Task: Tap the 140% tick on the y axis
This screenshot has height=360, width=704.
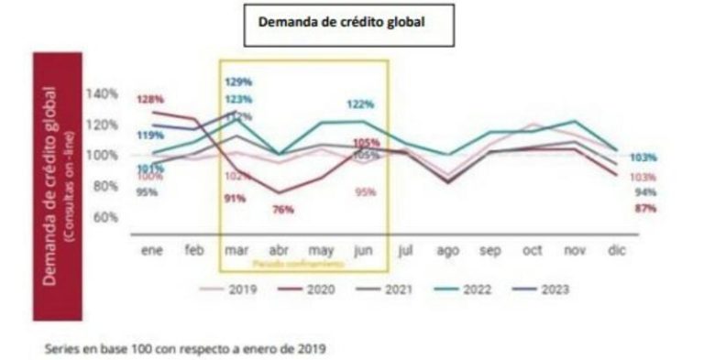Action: click(x=102, y=93)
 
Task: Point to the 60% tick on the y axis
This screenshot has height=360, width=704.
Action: click(x=104, y=217)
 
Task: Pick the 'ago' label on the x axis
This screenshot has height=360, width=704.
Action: click(x=447, y=249)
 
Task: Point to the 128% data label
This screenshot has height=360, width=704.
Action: click(x=149, y=99)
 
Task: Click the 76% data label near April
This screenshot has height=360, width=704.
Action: click(x=283, y=209)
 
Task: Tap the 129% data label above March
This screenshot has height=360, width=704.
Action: click(x=237, y=82)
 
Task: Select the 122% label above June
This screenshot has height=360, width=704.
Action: click(x=359, y=104)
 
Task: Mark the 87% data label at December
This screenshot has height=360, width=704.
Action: click(x=644, y=209)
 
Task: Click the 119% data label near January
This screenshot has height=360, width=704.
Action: click(x=149, y=136)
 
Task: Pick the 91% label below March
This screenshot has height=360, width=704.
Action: click(x=234, y=198)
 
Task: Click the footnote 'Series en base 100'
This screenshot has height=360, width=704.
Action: click(x=184, y=348)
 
